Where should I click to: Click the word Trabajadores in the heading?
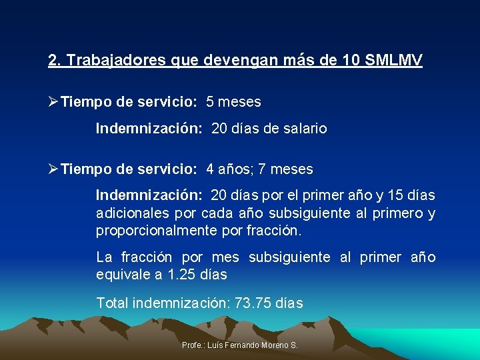[113, 61]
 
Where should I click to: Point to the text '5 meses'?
[233, 103]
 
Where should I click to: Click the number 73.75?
[253, 303]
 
